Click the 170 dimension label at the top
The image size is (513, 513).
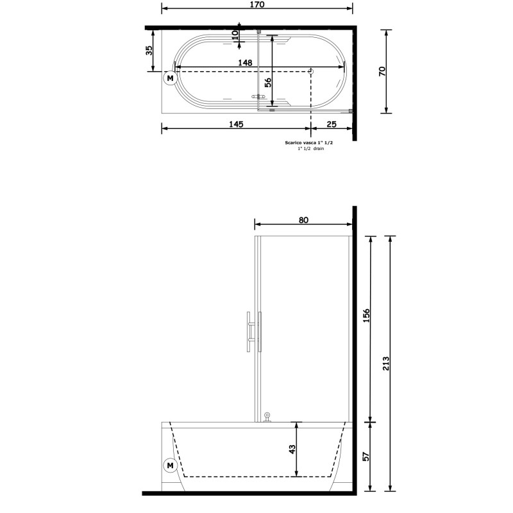coord(257,4)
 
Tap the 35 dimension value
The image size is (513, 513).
coord(149,51)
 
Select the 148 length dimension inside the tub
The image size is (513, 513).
coord(245,62)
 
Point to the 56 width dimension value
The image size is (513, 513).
coord(267,83)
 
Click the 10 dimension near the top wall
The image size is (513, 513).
coord(235,35)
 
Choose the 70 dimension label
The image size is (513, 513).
coord(382,71)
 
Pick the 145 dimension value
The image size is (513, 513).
coord(236,124)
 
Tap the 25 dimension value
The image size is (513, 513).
coord(332,124)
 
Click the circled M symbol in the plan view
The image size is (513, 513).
coord(170,78)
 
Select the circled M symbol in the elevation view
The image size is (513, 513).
coord(170,466)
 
